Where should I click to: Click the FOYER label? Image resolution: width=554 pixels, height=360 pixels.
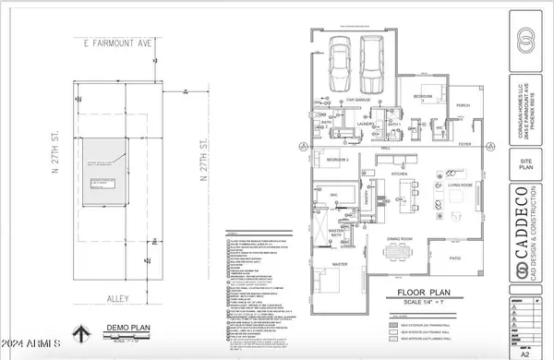(x=477, y=143)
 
